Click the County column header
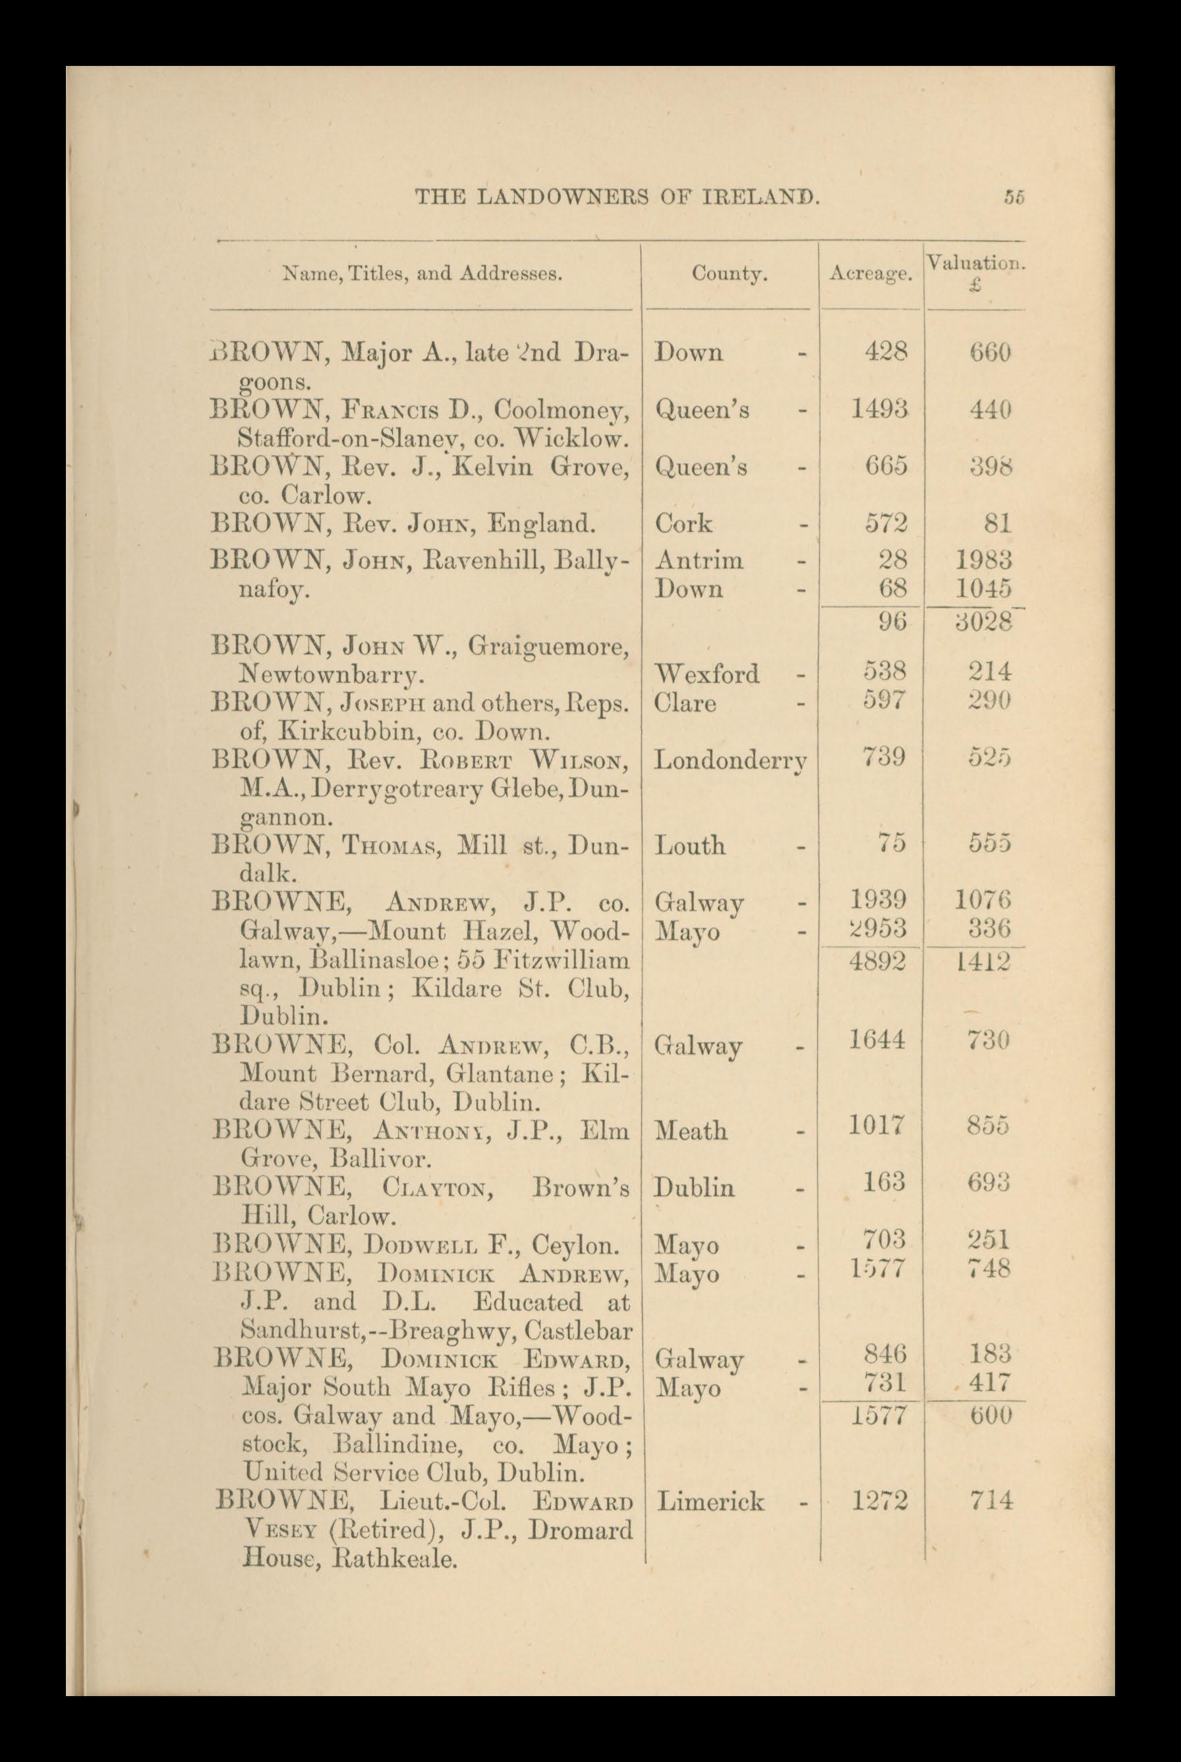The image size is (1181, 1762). click(x=729, y=274)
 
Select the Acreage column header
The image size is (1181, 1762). click(x=870, y=275)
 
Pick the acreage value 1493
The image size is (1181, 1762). click(x=879, y=409)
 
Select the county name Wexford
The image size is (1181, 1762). click(x=707, y=673)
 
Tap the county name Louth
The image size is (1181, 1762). click(x=690, y=845)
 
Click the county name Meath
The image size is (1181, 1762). click(x=691, y=1131)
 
